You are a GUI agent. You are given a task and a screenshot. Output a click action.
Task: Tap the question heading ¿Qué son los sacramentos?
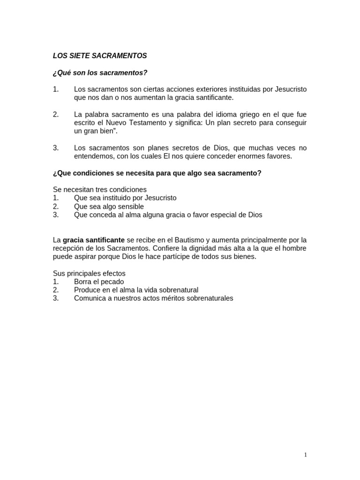(x=100, y=73)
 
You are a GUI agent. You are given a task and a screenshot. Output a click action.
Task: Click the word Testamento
(x=144, y=123)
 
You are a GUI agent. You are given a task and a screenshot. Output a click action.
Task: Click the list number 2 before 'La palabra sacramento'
(x=56, y=114)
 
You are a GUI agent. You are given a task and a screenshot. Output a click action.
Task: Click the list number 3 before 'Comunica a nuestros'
(x=56, y=299)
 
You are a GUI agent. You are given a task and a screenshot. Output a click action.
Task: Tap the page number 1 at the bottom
(x=306, y=455)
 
